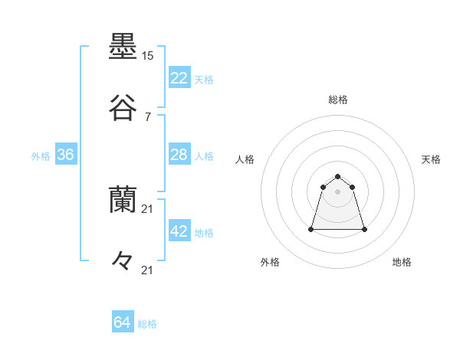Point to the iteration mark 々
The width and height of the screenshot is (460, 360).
(123, 260)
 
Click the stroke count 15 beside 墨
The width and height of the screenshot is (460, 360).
(147, 56)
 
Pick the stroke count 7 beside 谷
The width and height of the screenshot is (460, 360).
(147, 116)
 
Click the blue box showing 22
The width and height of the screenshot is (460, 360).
(179, 78)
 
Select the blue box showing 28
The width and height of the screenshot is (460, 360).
(179, 155)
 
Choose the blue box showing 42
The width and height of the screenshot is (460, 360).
(179, 231)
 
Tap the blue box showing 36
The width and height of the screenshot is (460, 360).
(66, 155)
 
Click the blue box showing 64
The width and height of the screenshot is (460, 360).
(123, 323)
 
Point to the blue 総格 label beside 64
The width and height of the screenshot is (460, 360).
(147, 324)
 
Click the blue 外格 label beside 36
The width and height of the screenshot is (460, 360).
(41, 155)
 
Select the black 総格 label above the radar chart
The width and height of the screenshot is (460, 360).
(338, 100)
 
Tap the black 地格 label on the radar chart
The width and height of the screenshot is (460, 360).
(402, 262)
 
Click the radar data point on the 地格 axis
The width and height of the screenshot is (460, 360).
(364, 229)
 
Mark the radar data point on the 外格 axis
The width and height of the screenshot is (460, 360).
(312, 228)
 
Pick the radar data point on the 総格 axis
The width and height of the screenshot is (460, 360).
(338, 173)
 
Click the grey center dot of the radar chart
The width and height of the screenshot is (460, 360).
(338, 191)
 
